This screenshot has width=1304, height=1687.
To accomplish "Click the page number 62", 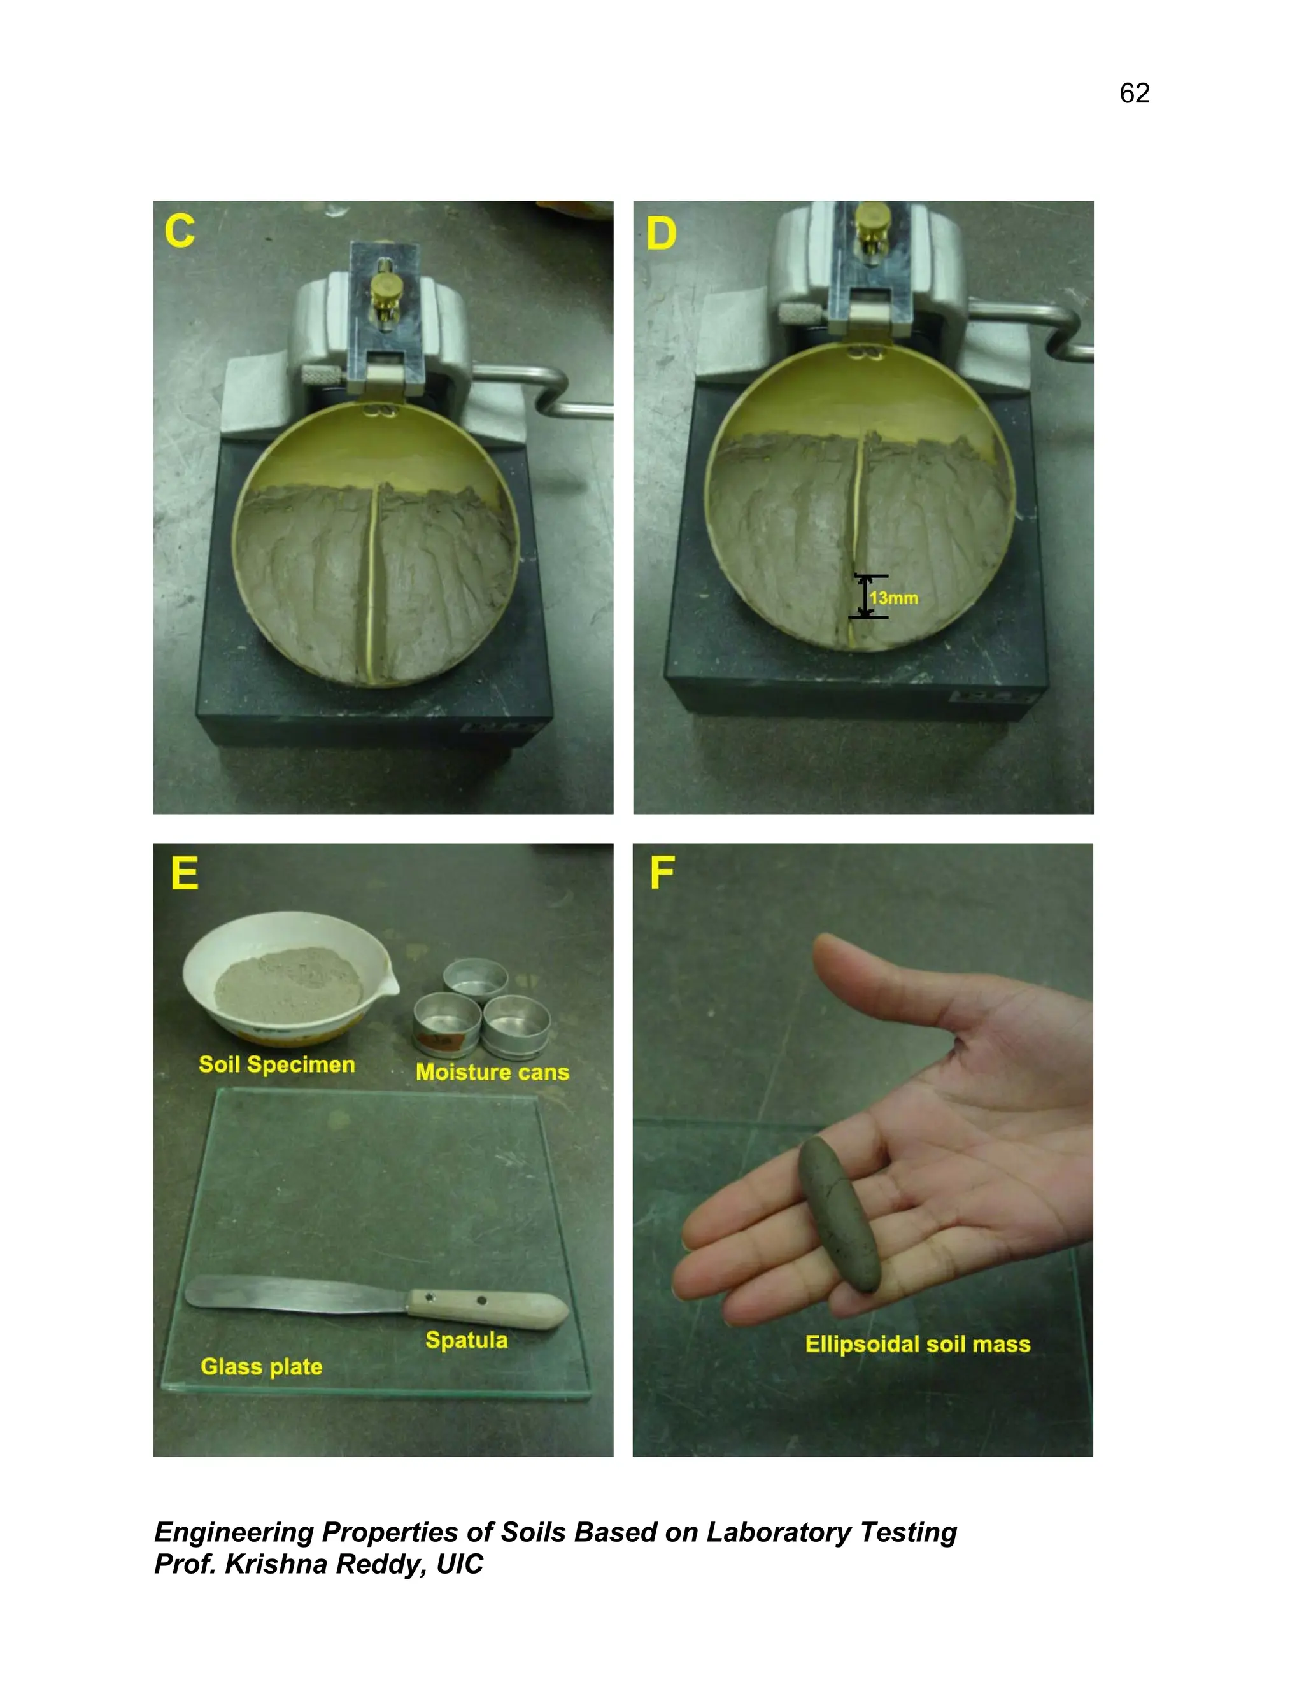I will point(1134,94).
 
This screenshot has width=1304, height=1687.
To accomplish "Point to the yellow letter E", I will point(185,873).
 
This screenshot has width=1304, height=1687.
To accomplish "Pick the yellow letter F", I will point(662,873).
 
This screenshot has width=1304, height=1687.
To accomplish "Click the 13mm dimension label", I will point(894,598).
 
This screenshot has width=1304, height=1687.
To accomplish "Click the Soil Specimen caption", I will point(276,1064).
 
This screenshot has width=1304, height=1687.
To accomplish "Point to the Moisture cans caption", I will point(492,1072).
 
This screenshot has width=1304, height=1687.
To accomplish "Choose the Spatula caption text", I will point(467,1340).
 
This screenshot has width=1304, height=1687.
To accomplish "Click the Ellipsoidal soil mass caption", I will point(918,1344).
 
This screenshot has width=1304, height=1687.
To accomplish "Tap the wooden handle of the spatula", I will point(486,1306).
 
